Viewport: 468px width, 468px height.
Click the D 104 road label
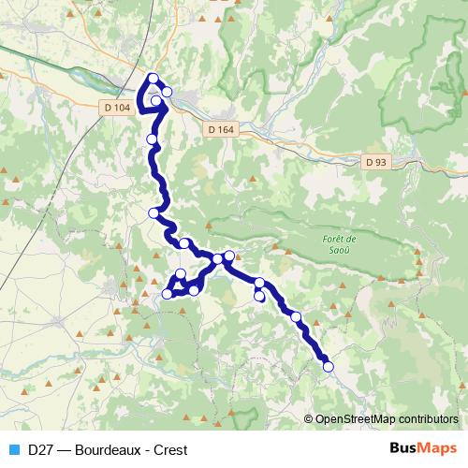pyautogui.click(x=116, y=109)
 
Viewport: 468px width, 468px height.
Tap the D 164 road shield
pyautogui.click(x=220, y=129)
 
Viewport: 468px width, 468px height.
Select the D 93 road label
pyautogui.click(x=376, y=162)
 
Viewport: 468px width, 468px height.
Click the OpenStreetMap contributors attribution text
pyautogui.click(x=387, y=419)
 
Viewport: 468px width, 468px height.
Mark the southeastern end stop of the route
pyautogui.click(x=329, y=367)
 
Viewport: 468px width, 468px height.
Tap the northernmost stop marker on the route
pyautogui.click(x=154, y=79)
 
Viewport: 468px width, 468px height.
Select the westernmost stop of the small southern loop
pyautogui.click(x=168, y=294)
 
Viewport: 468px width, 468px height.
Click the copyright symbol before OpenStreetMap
pyautogui.click(x=309, y=419)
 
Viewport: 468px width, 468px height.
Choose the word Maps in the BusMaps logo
pyautogui.click(x=435, y=448)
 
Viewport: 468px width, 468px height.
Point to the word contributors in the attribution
pyautogui.click(x=427, y=419)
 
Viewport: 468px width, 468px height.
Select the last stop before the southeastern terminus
pyautogui.click(x=297, y=316)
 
